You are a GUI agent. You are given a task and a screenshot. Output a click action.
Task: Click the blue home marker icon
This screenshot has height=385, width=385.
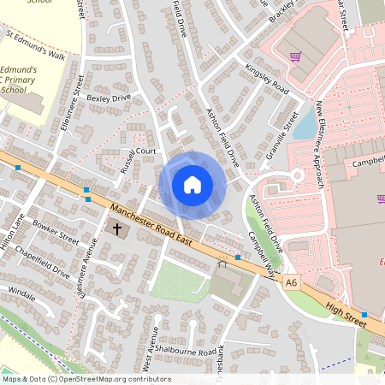click(192, 184)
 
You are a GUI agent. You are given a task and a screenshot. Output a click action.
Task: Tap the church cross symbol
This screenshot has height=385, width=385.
click(117, 228)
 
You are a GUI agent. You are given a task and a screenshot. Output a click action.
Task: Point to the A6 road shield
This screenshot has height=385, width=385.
click(293, 281)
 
